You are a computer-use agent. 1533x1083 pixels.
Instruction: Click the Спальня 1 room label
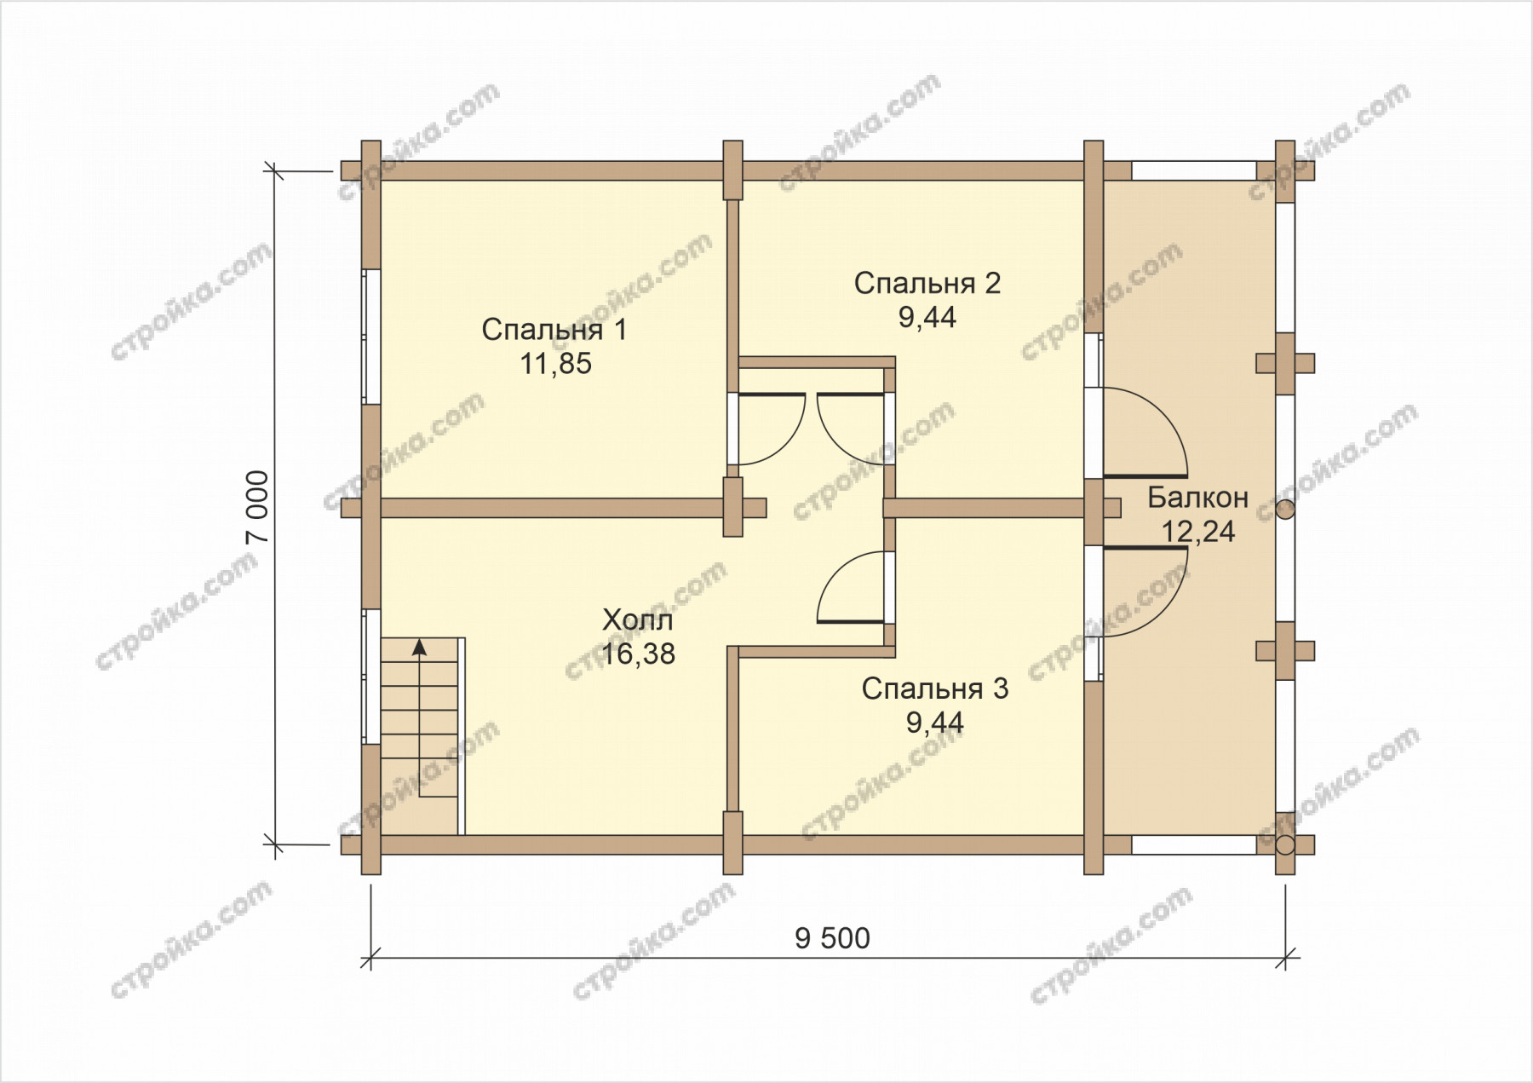pos(554,329)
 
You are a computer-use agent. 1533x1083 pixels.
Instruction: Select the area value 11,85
pos(555,365)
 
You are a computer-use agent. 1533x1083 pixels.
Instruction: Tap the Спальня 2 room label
pos(927,283)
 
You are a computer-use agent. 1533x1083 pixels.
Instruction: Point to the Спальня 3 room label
pos(934,688)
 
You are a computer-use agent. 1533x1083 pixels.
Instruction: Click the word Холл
pos(637,619)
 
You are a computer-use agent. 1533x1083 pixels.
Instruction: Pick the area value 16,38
pos(638,654)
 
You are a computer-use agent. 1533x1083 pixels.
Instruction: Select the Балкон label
pos(1197,497)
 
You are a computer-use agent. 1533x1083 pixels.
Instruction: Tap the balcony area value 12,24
pos(1197,532)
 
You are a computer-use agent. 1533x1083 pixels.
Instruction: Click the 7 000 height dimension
pos(261,507)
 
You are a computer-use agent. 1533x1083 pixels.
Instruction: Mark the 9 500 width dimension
pos(832,939)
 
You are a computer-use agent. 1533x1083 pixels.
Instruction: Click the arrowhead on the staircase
pos(419,647)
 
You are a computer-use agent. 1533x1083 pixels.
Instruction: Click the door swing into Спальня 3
pos(850,587)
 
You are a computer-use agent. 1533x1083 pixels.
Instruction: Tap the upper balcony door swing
pos(1145,431)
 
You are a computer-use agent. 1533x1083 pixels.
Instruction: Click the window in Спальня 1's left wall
pos(370,337)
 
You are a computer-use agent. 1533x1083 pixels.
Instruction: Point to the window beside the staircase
pos(370,677)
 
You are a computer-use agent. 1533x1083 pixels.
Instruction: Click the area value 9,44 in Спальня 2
pos(927,318)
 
